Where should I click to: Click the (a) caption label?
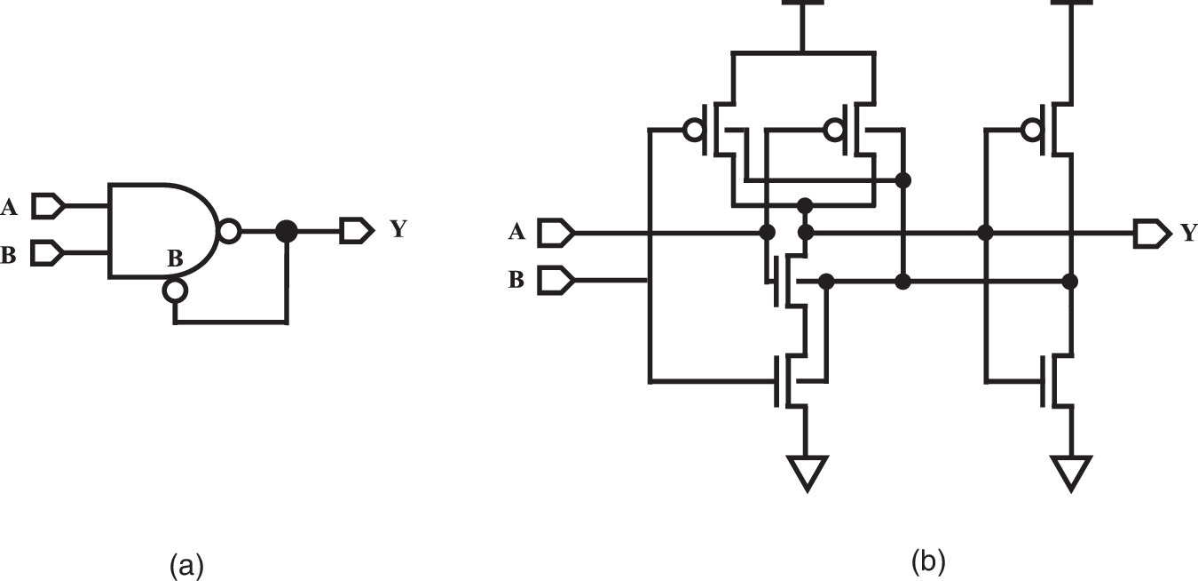pyautogui.click(x=186, y=565)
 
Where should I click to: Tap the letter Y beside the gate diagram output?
pyautogui.click(x=398, y=229)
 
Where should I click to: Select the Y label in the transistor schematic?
pyautogui.click(x=1188, y=234)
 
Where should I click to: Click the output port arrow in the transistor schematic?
pyautogui.click(x=1149, y=233)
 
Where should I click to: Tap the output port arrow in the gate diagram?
pyautogui.click(x=357, y=232)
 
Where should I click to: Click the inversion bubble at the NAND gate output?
pyautogui.click(x=229, y=232)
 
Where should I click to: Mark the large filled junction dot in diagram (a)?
pyautogui.click(x=286, y=232)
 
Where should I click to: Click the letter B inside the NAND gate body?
pyautogui.click(x=176, y=260)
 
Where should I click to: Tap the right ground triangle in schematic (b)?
pyautogui.click(x=1071, y=472)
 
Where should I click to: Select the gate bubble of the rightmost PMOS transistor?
pyautogui.click(x=1031, y=131)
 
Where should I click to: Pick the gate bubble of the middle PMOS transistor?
pyautogui.click(x=833, y=131)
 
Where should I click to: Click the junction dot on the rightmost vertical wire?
pyautogui.click(x=1070, y=282)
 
